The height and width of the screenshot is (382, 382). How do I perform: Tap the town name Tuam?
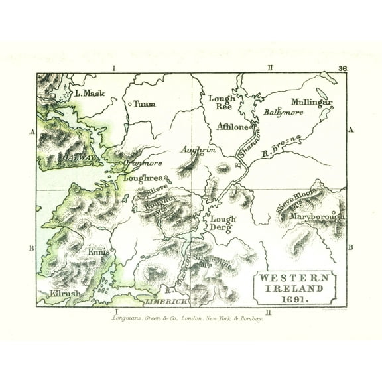145,104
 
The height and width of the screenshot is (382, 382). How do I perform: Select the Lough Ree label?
222,101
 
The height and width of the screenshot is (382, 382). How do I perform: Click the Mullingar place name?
312,103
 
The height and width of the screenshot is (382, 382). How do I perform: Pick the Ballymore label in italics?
284,113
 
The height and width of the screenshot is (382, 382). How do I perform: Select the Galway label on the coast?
81,158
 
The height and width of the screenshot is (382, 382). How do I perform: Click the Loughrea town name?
142,178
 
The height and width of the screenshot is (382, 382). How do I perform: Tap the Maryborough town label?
316,216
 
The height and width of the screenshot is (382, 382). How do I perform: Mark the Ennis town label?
97,252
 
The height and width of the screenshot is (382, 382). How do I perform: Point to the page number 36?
342,68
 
